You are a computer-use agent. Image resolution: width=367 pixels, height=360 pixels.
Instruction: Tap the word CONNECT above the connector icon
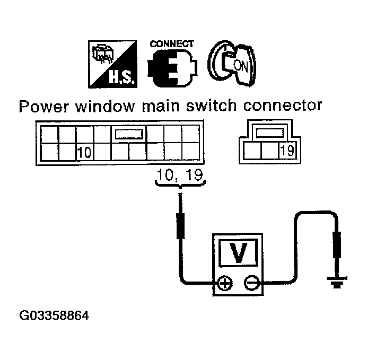tap(172, 44)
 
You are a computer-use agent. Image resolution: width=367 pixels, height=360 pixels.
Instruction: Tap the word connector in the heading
tap(284, 106)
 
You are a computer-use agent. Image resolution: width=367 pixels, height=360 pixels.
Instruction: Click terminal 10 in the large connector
tap(84, 153)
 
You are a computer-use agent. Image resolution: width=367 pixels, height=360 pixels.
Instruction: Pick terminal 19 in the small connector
tap(287, 151)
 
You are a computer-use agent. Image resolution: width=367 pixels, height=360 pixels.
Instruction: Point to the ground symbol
tap(335, 282)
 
